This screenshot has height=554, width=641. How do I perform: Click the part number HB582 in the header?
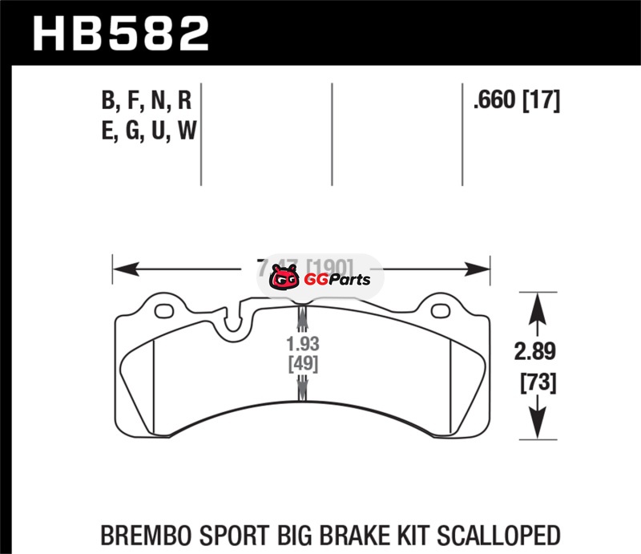coord(120,33)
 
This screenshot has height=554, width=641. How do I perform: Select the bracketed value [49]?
coord(302,364)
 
